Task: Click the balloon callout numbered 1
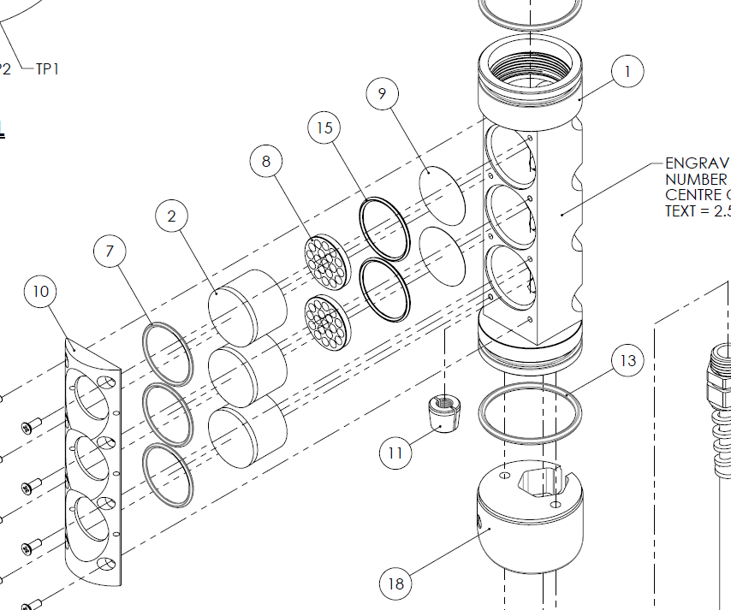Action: click(627, 73)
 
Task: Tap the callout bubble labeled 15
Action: click(324, 128)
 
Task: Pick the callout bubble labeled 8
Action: click(267, 161)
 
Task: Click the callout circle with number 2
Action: click(172, 216)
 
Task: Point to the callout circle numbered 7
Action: click(110, 252)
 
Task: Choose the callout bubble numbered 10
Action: click(41, 292)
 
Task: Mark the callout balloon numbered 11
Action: click(395, 453)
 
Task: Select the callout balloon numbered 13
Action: click(628, 361)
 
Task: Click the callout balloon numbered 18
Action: click(395, 583)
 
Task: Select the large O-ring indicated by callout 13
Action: click(532, 414)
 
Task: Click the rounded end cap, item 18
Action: click(531, 522)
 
